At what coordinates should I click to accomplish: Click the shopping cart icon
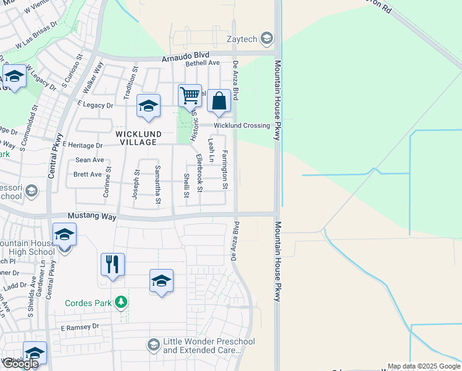click(x=190, y=95)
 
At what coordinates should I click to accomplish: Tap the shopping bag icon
click(x=219, y=101)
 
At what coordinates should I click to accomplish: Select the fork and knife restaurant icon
click(x=112, y=264)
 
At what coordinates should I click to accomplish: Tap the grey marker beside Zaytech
click(x=267, y=39)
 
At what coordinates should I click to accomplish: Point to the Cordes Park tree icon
click(x=122, y=302)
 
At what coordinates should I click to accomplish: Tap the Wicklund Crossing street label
click(x=241, y=126)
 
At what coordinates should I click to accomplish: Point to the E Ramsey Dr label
click(x=80, y=326)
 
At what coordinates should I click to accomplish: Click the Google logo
click(x=20, y=364)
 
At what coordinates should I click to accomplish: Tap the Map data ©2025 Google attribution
click(x=424, y=366)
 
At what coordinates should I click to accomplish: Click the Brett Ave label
click(x=87, y=174)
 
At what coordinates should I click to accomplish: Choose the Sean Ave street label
click(x=89, y=160)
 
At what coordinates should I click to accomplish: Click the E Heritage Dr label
click(x=82, y=145)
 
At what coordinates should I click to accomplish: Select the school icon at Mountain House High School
click(x=63, y=236)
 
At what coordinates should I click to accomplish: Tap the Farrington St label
click(x=225, y=169)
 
